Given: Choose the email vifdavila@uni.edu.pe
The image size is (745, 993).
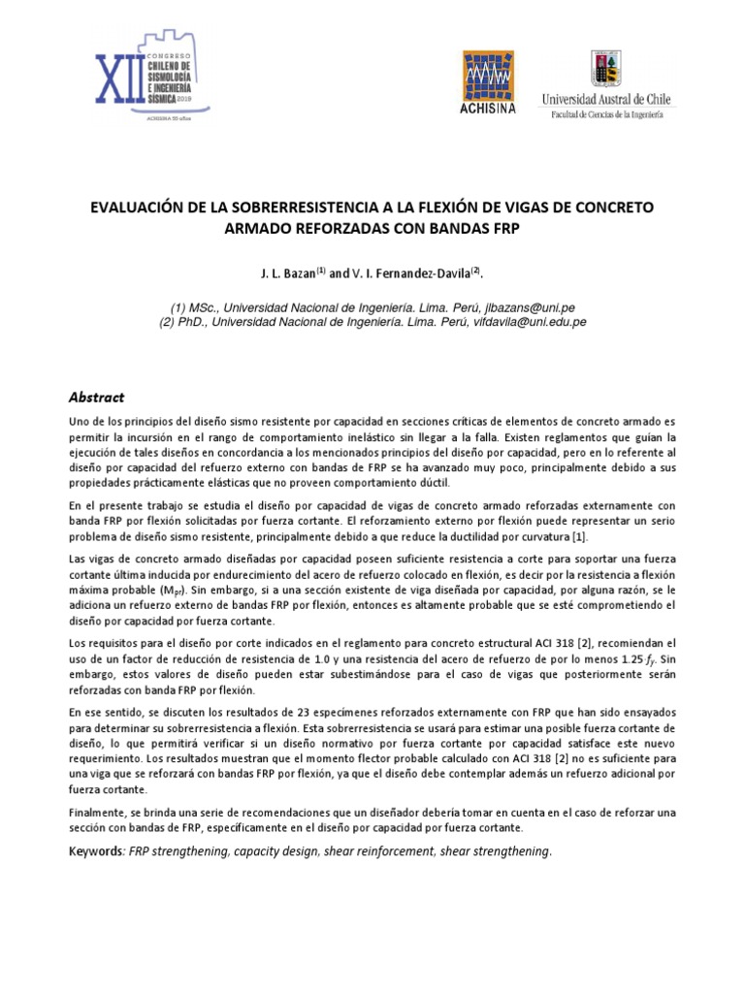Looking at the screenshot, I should [x=527, y=321].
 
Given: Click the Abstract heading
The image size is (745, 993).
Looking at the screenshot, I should [x=97, y=398].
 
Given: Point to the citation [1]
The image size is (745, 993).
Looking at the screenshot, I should [x=578, y=537].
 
